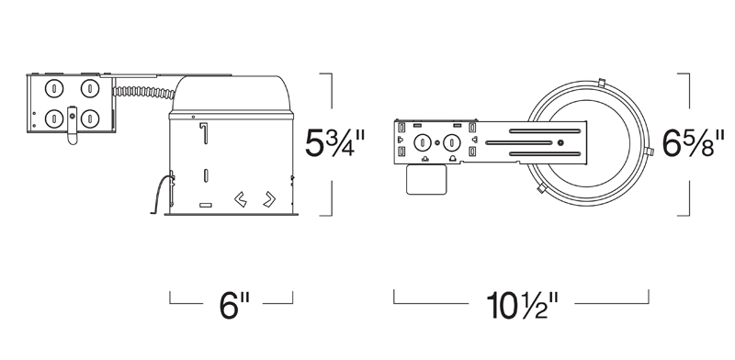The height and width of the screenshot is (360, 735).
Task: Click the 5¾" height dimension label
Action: tap(334, 142)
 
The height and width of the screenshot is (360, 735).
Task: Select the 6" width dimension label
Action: tap(234, 306)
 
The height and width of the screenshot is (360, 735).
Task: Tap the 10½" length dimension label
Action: tap(523, 306)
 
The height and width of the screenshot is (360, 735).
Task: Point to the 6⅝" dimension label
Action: tap(694, 142)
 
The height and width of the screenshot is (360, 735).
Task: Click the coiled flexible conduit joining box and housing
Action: tap(143, 93)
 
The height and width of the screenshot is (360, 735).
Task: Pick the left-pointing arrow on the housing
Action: tap(241, 199)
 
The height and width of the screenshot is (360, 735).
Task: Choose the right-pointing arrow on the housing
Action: tap(269, 199)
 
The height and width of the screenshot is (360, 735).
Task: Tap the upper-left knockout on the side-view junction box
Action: tap(54, 88)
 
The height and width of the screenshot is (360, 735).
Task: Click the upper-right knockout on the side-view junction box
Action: tap(89, 88)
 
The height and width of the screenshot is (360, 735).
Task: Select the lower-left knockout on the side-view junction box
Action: tap(54, 118)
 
